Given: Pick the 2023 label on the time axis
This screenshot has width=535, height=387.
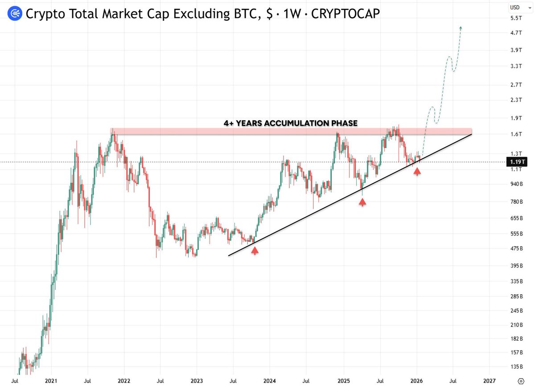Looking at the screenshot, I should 197,381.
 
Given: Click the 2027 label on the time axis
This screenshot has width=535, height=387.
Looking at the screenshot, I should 489,381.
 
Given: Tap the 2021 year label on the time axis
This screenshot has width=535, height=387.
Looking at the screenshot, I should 51,381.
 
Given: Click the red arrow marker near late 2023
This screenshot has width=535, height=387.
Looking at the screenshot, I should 255,250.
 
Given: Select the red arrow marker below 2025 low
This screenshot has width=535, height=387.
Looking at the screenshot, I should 362,202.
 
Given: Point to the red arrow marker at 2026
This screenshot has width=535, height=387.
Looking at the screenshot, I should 417,171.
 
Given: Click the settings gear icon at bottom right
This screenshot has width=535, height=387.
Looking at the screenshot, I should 520,382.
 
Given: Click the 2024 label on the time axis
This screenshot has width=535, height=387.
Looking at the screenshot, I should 269,381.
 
